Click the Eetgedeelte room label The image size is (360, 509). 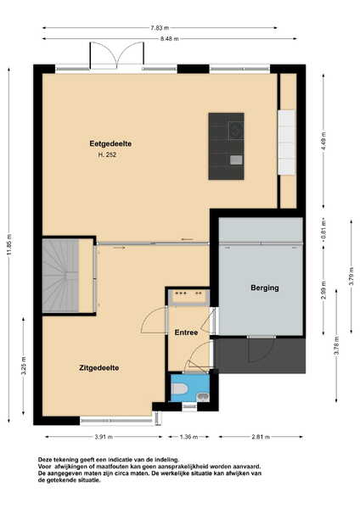pos(110,143)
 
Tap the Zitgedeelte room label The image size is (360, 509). pos(98,368)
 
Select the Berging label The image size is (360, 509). pos(264,288)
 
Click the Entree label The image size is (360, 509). pos(186,333)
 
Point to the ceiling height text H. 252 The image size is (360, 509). pos(107,155)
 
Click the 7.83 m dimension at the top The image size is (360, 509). pos(160,28)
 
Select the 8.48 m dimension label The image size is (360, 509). pos(169,39)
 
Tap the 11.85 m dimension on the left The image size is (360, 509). pos(8,245)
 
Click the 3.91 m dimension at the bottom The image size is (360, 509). pos(104,437)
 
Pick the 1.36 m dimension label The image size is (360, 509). pos(188,437)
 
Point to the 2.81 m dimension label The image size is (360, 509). pos(261,437)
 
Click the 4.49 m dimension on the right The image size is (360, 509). pos(323,142)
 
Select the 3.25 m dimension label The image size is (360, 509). pos(24,366)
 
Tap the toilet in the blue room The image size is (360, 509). pos(178,389)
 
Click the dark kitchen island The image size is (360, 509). pos(226,146)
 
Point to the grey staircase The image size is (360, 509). pos(61,277)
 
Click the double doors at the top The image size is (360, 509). pos(116,55)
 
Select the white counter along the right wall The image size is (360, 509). pos(287,143)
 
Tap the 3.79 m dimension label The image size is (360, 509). pos(352,276)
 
